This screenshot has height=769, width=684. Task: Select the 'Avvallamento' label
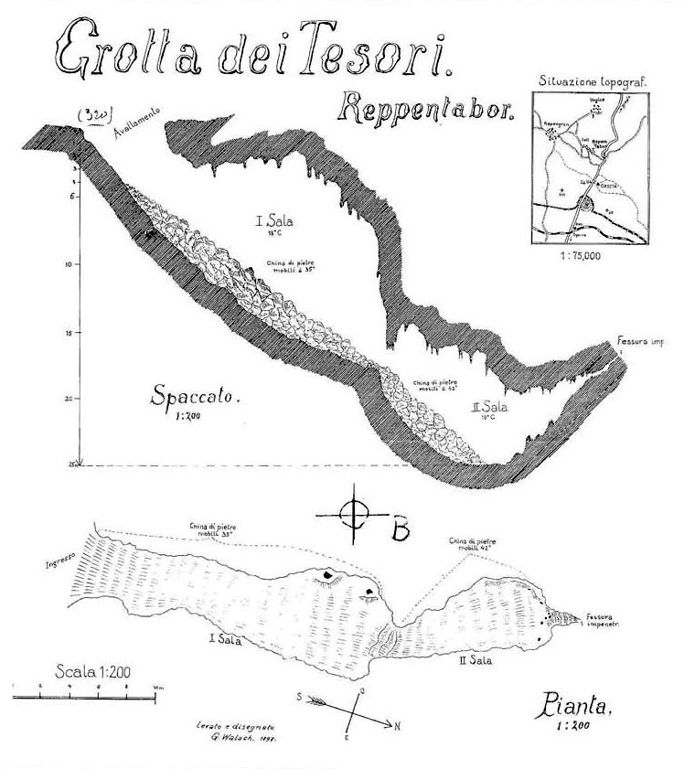click(138, 123)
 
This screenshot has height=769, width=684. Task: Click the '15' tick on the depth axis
click(70, 334)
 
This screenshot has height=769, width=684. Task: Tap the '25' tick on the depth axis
click(69, 465)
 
